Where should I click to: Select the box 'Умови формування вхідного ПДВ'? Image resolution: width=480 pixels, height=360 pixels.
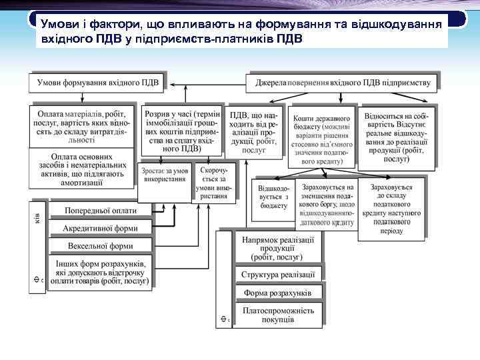click(98, 83)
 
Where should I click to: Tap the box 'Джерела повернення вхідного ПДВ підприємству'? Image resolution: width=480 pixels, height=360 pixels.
click(343, 83)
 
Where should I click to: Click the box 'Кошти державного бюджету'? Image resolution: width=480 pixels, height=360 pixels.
click(322, 136)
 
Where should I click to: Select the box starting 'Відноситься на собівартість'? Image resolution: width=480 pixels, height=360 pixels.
click(396, 136)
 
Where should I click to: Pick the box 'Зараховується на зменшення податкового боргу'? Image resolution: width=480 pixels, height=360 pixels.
click(327, 204)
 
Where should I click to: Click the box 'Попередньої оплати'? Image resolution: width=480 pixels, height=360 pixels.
click(100, 211)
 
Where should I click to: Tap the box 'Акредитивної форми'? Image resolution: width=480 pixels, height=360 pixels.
click(100, 228)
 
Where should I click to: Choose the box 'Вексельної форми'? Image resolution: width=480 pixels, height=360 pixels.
click(100, 246)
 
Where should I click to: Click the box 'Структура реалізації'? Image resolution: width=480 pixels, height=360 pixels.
click(278, 274)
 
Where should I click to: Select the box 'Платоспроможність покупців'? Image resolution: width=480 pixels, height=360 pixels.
click(278, 315)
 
